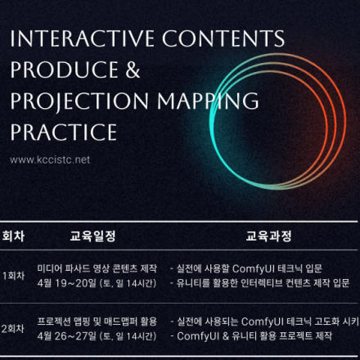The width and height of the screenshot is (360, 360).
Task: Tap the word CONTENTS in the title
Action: [221, 38]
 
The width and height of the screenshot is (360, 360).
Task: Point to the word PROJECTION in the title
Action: [79, 101]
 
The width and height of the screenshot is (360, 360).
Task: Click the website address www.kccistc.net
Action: [50, 160]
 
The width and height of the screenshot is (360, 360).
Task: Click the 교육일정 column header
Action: [93, 237]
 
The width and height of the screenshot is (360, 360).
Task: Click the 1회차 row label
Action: [13, 276]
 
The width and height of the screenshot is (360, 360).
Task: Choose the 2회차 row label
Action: [13, 328]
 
